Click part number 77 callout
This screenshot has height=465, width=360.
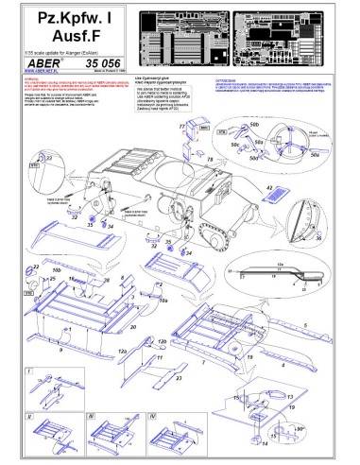tap(182, 126)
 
